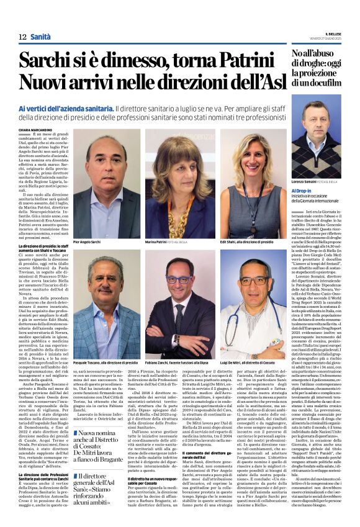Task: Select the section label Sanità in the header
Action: click(x=41, y=37)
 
